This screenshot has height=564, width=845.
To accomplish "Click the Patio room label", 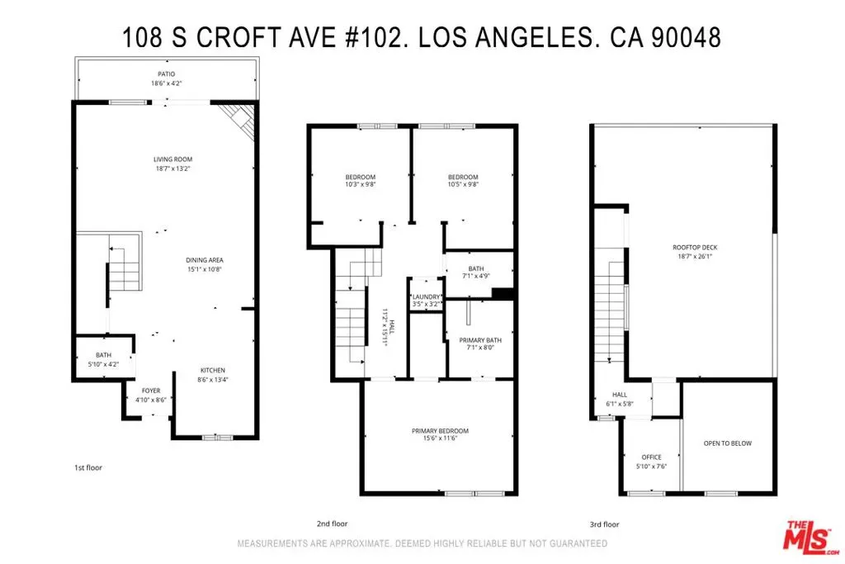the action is (x=167, y=73).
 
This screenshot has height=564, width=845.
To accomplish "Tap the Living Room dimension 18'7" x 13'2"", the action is (x=173, y=168).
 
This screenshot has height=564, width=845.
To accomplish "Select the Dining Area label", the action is (x=205, y=260).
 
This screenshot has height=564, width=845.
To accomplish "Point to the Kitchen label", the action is (x=213, y=371).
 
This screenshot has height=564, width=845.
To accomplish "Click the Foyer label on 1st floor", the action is (x=151, y=391).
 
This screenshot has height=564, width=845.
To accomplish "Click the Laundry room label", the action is (x=427, y=297).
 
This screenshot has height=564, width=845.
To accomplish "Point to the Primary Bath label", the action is (x=480, y=340).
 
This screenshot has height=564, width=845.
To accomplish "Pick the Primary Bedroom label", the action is (x=441, y=431).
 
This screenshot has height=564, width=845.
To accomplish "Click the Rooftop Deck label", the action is (x=695, y=248).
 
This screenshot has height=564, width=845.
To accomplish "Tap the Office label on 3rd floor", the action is (x=652, y=457).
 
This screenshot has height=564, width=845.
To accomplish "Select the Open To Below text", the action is (x=728, y=443).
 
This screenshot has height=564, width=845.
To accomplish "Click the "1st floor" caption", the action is (x=88, y=467).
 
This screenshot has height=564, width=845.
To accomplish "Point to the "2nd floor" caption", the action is (x=332, y=524).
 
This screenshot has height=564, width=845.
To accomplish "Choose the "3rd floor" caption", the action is (x=605, y=524).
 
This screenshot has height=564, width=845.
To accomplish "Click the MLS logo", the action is (x=810, y=538).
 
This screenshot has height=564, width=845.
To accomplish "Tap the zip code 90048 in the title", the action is (x=686, y=38).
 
